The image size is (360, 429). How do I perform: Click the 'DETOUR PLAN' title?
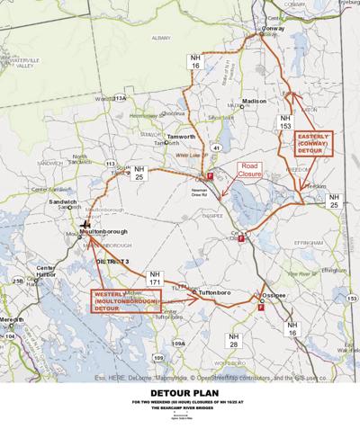coord(180,393)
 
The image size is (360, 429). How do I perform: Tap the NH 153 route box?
coord(285,122)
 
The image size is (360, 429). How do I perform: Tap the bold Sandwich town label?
coord(64,203)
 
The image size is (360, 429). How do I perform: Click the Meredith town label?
coord(13,319)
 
